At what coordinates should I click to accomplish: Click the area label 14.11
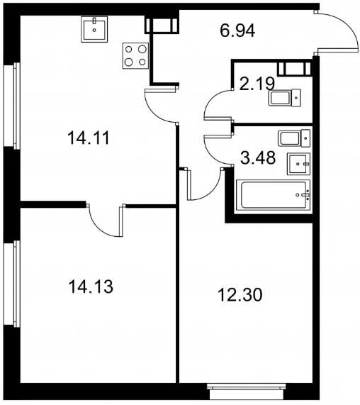pos(89,138)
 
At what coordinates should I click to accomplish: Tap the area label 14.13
pos(91,287)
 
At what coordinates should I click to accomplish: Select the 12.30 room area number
pos(240,295)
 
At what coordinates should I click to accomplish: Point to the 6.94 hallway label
pos(237,30)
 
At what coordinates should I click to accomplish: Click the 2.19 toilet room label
pos(257,84)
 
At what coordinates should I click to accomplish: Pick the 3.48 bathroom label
pos(258,158)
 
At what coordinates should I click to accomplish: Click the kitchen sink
pos(94,29)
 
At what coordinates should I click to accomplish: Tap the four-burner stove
pos(135,56)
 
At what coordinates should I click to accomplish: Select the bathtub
pos(274,195)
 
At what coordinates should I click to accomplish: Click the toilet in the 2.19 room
pos(285,98)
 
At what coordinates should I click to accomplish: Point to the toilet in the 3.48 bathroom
pos(294,138)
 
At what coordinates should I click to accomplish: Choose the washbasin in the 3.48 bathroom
pos(298,164)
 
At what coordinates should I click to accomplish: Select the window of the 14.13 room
pos(12,284)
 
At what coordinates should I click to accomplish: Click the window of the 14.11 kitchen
pos(12,106)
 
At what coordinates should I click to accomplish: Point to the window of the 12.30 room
pos(247,392)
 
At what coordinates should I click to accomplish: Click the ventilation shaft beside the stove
pos(162,25)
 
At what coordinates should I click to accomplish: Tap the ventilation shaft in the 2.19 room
pos(295,68)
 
